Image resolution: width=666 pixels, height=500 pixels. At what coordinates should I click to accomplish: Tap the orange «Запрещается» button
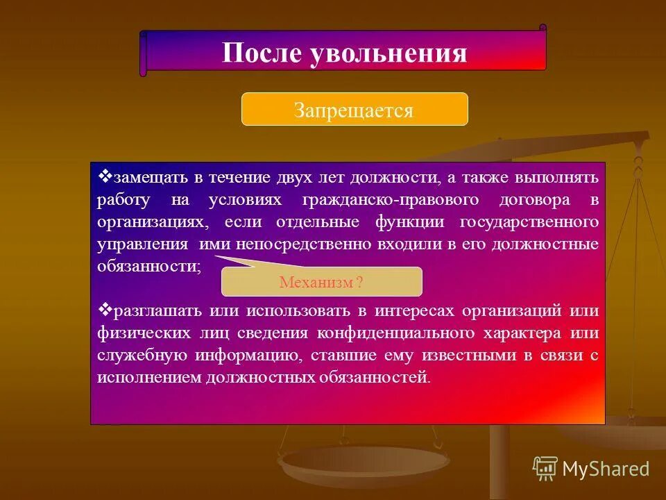[354, 110]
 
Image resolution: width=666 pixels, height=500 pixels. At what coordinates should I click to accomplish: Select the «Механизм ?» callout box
[321, 283]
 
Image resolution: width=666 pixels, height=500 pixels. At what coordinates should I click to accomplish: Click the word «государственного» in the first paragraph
[528, 222]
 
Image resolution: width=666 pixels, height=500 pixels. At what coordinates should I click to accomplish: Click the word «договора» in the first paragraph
[541, 200]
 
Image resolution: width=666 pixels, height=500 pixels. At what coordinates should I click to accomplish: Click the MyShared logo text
[605, 469]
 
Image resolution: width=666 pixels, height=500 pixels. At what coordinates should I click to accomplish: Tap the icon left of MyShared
[545, 469]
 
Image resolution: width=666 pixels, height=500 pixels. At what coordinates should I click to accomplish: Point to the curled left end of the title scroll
[144, 53]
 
